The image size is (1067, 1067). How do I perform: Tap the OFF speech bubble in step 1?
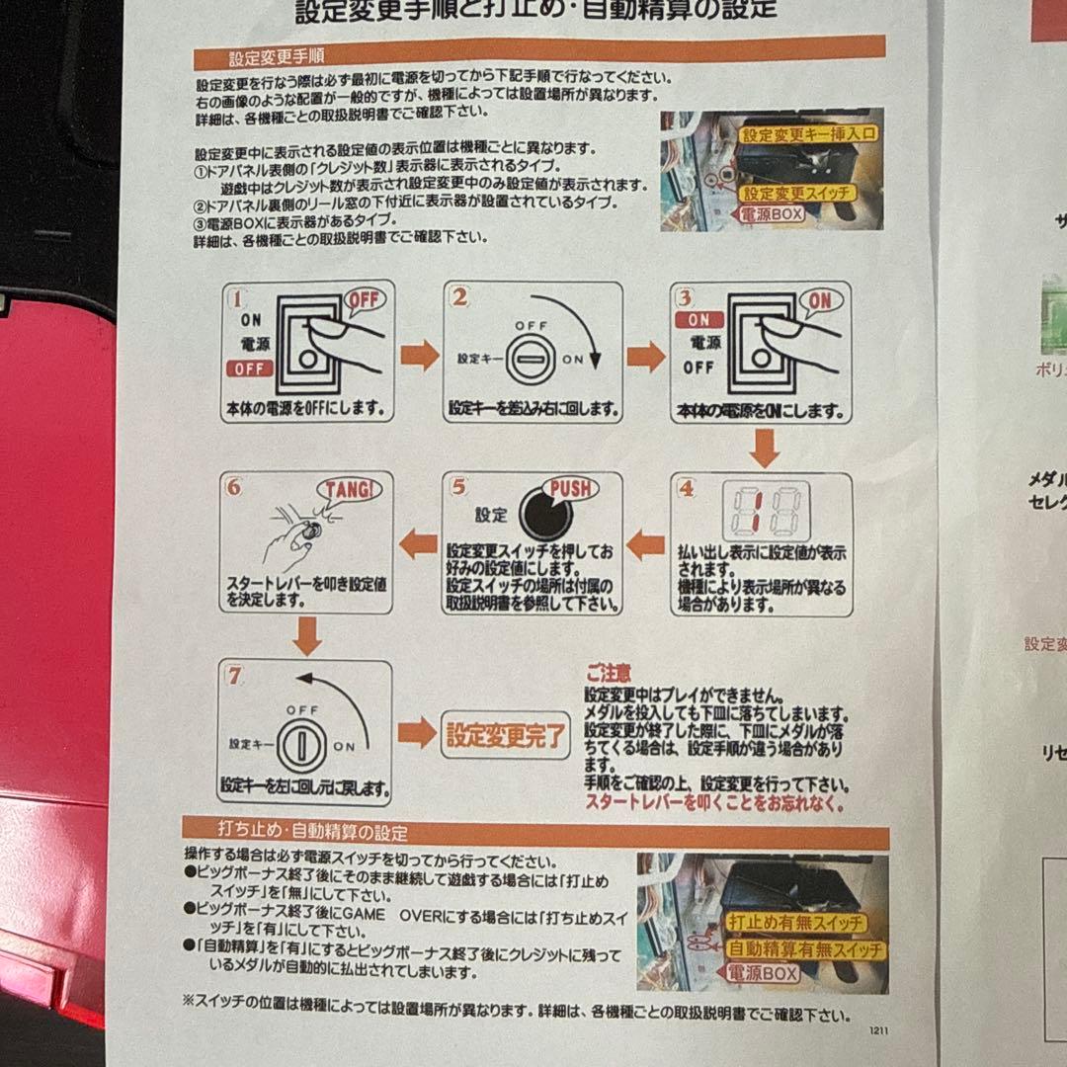click(364, 299)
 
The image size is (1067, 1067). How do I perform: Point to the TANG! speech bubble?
click(348, 489)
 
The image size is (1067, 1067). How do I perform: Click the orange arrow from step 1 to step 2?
click(420, 355)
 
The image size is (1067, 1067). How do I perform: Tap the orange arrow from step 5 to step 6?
click(418, 541)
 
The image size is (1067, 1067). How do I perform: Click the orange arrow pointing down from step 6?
click(307, 636)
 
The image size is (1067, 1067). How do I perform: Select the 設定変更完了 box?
click(506, 734)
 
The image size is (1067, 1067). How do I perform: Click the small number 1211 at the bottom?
click(878, 1029)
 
